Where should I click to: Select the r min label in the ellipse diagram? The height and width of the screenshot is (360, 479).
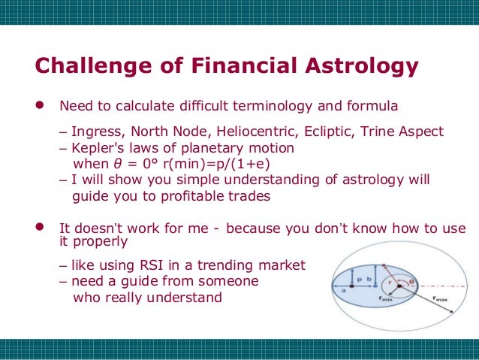385,298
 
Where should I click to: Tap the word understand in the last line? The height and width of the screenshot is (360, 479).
188,298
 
